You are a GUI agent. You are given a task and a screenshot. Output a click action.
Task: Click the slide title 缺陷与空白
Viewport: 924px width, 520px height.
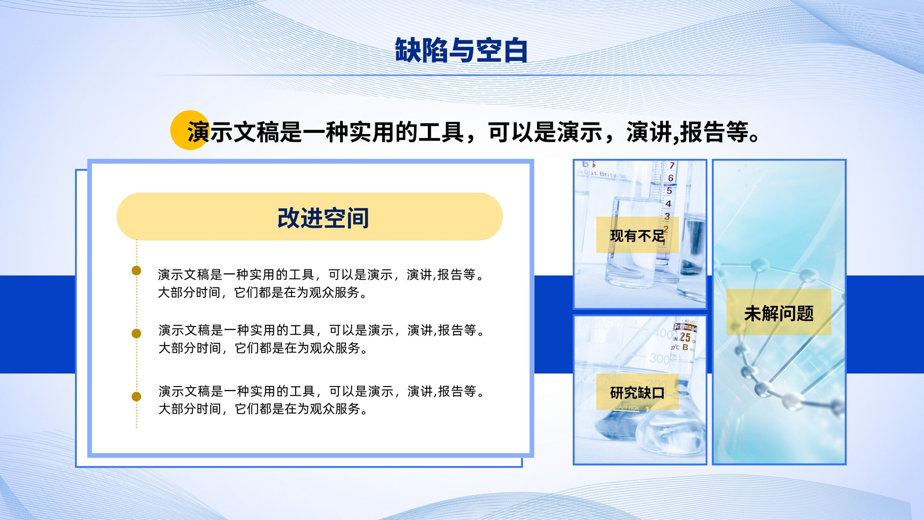[461, 50]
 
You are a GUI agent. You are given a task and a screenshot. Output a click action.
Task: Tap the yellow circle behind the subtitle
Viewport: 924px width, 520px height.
[190, 130]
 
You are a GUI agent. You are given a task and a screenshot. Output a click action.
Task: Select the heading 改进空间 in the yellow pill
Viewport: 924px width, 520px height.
[323, 218]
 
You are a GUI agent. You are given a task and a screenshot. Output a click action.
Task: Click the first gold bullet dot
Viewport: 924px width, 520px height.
[136, 271]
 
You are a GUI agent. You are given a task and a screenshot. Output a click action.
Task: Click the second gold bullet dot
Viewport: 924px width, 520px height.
[136, 333]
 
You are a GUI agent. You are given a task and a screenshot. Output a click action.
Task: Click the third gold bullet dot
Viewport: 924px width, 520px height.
[136, 396]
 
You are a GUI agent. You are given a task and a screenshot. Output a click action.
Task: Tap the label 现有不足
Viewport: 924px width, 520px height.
[638, 236]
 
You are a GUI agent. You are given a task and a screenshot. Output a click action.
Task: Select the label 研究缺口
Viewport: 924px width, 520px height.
[638, 392]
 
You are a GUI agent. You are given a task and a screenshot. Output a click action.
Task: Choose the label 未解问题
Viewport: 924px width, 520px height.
[779, 313]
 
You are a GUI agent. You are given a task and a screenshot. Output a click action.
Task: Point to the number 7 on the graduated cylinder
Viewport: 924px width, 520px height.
[672, 165]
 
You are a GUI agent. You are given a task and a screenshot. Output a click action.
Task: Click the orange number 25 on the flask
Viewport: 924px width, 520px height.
[685, 337]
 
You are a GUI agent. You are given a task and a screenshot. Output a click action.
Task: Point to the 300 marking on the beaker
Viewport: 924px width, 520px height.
[659, 358]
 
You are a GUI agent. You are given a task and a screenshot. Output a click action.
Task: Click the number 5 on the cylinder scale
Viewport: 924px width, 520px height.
[669, 191]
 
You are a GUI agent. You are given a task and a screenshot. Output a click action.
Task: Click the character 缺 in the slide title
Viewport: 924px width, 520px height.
[408, 50]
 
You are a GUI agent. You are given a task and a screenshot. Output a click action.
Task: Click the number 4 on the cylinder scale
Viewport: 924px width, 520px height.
[668, 204]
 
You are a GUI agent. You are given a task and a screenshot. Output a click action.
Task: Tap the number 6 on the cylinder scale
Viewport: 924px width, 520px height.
[670, 178]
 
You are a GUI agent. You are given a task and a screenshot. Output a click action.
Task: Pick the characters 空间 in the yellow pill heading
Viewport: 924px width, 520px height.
[346, 218]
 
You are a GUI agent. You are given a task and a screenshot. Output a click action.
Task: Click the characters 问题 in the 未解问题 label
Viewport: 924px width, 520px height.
[796, 313]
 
